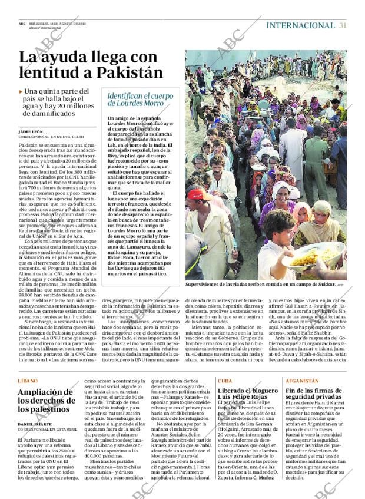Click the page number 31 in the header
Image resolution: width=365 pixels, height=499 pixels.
(343, 25)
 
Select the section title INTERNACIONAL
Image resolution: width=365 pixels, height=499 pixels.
(300, 25)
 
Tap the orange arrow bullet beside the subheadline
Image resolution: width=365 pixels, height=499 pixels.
(21, 92)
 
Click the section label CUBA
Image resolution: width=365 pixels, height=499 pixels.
(225, 381)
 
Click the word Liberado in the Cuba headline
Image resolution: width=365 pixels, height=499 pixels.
(235, 391)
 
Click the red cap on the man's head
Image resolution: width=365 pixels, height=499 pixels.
(195, 194)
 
